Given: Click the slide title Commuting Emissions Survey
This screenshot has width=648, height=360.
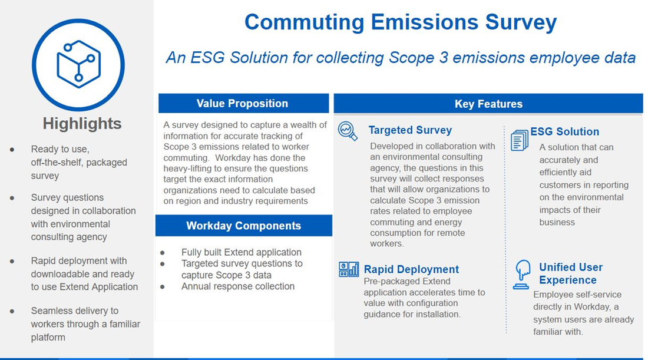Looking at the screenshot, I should point(400,22).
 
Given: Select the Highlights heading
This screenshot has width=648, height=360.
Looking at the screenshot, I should point(82,123).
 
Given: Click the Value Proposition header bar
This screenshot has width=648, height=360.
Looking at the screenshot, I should point(243,104).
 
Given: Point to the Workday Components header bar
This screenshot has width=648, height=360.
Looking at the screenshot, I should point(243,226).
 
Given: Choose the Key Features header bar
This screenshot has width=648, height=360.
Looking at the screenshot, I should point(488,104).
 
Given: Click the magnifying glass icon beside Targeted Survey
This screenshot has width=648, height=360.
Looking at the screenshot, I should point(348,131).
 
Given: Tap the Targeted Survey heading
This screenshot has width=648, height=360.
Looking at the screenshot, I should point(410,130).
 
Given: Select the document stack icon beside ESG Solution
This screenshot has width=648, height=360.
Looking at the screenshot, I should point(519,140).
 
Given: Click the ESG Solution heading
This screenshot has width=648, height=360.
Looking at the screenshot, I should point(564,131).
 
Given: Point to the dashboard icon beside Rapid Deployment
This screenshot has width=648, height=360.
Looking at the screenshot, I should point(349,269).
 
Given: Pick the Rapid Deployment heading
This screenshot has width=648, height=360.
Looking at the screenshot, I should point(411,269).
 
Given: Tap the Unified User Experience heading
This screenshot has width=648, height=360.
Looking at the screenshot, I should point(570,273).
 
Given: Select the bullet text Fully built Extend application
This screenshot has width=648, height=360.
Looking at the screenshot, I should point(241,252).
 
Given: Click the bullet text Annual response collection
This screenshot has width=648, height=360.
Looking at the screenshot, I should point(237,286).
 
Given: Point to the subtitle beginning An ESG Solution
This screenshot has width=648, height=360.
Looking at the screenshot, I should point(400,58).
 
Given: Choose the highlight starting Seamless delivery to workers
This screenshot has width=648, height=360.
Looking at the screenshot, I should point(85,324).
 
